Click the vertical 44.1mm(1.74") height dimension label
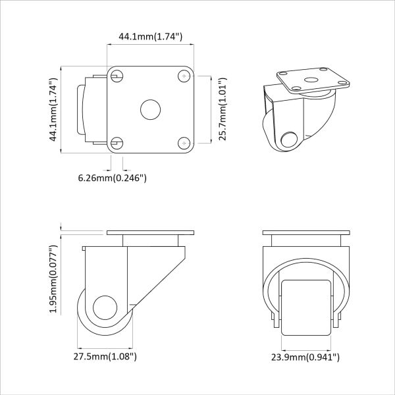pos(54,109)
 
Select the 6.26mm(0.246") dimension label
pos(112,178)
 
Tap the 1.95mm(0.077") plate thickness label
pos(54,279)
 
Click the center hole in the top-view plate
pos(149,109)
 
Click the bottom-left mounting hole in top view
pos(117,142)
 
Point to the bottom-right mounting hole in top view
pos(182,142)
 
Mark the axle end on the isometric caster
pos(288,140)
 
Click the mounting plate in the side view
pos(150,234)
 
